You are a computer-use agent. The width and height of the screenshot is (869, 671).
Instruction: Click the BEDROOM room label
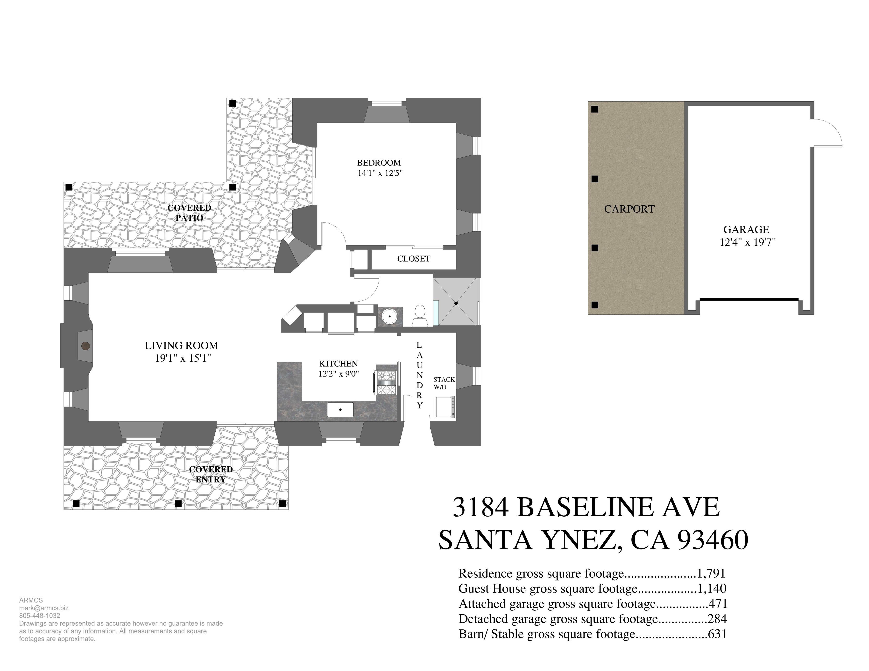coord(379,163)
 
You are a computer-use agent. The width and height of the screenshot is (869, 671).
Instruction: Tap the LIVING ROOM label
coord(181,346)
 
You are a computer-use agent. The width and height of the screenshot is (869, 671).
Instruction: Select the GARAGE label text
coord(746,229)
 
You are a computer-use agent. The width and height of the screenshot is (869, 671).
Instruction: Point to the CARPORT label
coord(629,209)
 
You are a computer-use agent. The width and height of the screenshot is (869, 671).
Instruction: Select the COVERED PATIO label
coord(189,213)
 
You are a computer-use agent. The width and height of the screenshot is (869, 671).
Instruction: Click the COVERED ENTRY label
coord(211,474)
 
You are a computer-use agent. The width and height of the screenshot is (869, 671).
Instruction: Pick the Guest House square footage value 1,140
coord(712,588)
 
